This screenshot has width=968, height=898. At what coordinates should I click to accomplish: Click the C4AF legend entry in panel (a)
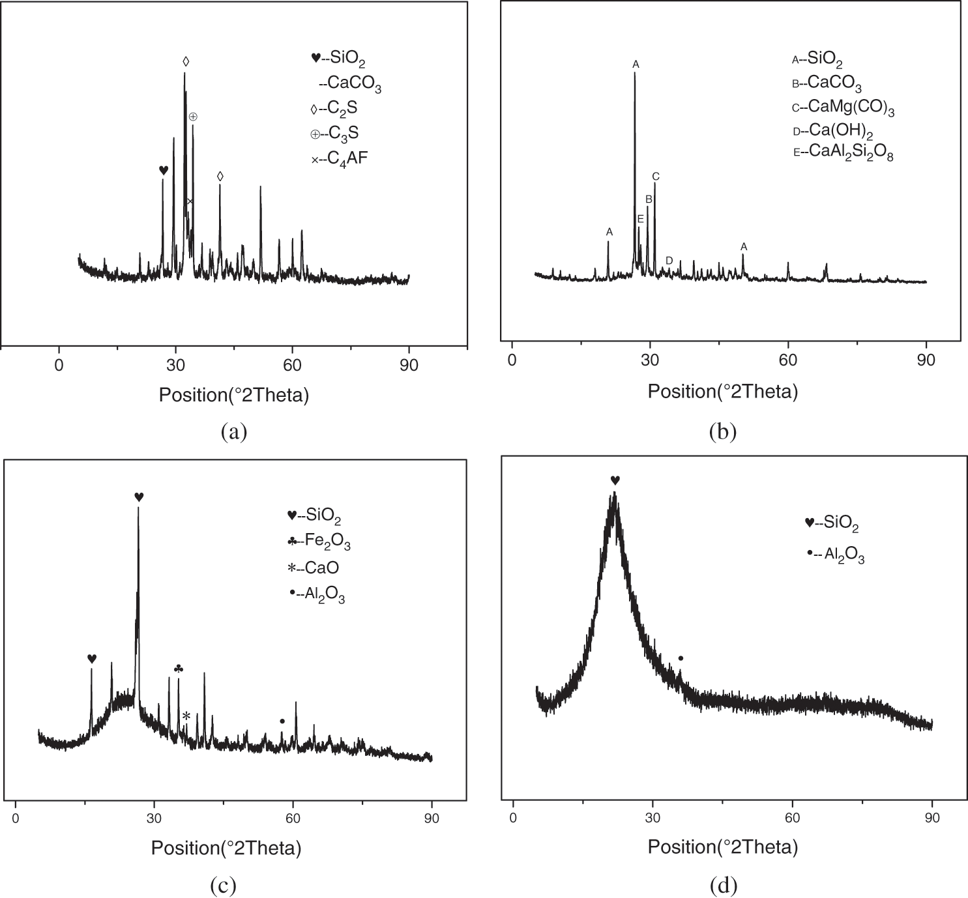pyautogui.click(x=340, y=157)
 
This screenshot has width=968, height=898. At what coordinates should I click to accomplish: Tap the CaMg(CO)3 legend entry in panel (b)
pyautogui.click(x=843, y=108)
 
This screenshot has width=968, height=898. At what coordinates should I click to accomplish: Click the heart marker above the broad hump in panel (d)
pyautogui.click(x=615, y=480)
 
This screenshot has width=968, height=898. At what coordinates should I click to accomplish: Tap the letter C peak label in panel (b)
pyautogui.click(x=656, y=177)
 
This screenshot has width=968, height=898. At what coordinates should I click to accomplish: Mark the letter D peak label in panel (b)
pyautogui.click(x=669, y=261)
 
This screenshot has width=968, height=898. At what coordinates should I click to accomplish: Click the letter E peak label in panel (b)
pyautogui.click(x=641, y=220)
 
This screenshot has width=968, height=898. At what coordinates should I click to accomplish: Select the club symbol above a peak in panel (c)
pyautogui.click(x=179, y=669)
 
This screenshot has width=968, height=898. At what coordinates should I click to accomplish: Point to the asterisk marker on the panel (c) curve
pyautogui.click(x=186, y=716)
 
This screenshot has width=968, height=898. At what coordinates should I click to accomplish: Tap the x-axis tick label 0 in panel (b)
pyautogui.click(x=512, y=360)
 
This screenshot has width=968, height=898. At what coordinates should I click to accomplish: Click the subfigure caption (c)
pyautogui.click(x=223, y=885)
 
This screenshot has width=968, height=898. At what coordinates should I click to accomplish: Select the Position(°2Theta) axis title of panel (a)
pyautogui.click(x=234, y=395)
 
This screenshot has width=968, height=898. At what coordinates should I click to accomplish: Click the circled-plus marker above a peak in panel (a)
pyautogui.click(x=193, y=117)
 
